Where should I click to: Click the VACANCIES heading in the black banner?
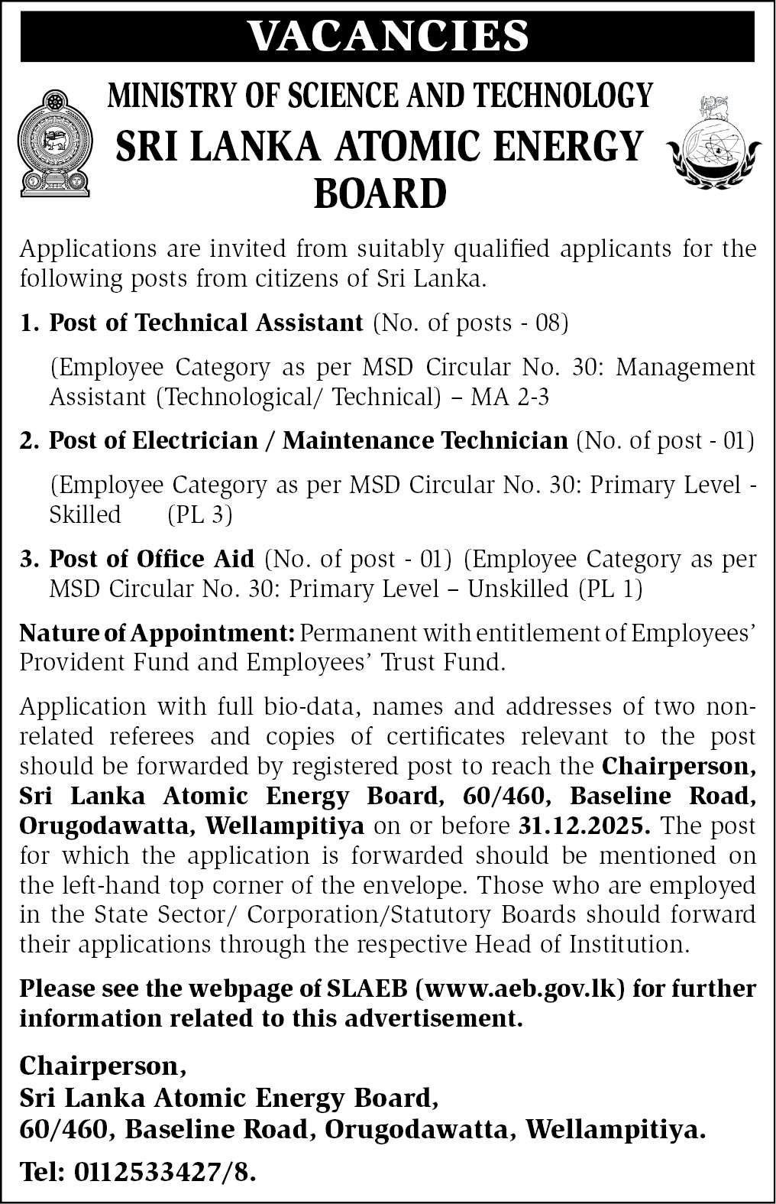click(x=387, y=34)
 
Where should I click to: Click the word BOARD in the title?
click(x=380, y=193)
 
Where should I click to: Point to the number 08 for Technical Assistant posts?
click(x=548, y=323)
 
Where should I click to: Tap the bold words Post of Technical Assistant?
click(x=205, y=323)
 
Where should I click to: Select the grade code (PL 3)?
click(x=199, y=515)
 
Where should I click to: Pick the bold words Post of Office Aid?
click(x=151, y=559)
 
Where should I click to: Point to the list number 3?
click(x=28, y=559)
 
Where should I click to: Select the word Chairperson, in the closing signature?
click(x=102, y=1065)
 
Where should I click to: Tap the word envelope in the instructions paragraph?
click(x=408, y=885)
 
